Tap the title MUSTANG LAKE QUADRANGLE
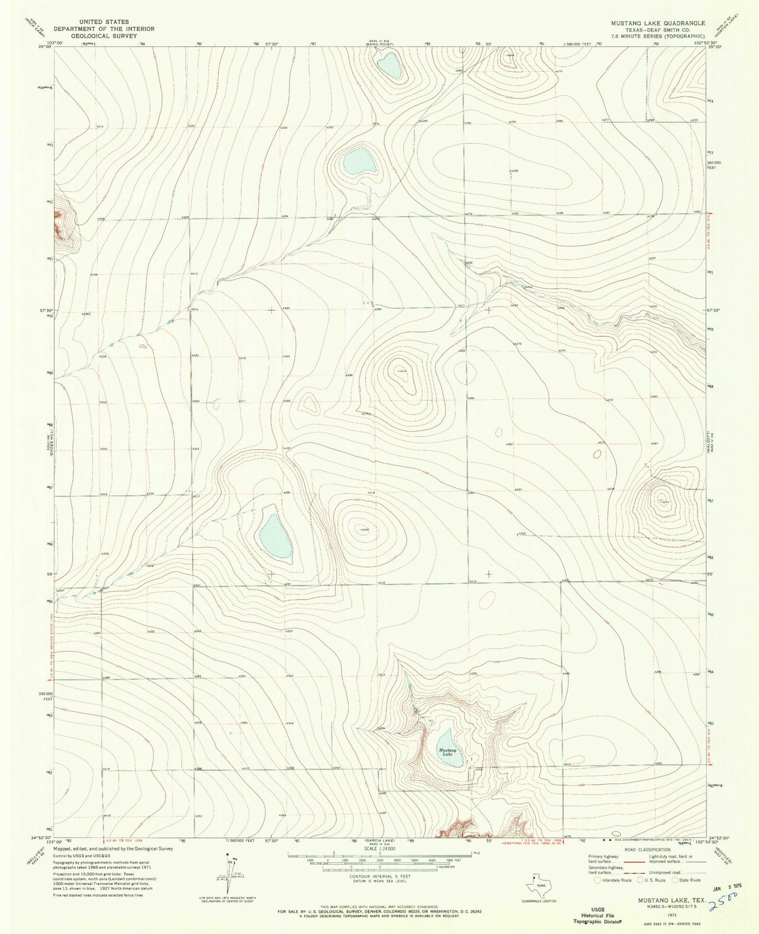[x=657, y=24]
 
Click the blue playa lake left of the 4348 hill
[x=275, y=536]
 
